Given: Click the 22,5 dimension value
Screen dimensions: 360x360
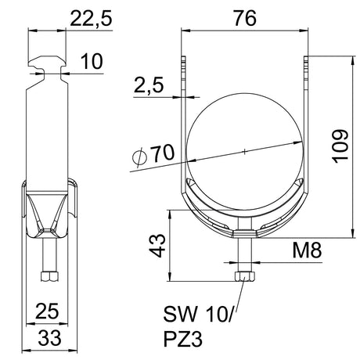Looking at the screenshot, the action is click(91, 19).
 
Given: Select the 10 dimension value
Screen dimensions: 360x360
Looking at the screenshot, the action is click(92, 62).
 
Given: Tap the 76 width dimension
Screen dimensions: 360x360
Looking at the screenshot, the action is click(245, 19).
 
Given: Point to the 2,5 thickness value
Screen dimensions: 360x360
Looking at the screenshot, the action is click(149, 85).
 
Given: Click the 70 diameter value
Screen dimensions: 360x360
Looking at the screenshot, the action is click(164, 153).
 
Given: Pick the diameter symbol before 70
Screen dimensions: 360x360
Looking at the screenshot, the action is click(139, 157).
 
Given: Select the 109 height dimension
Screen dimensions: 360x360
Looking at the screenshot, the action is click(340, 146).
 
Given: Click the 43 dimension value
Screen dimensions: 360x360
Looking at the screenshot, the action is click(157, 246).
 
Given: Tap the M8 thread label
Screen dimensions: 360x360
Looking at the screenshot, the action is click(307, 250).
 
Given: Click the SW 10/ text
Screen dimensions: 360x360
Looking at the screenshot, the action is click(199, 314).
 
